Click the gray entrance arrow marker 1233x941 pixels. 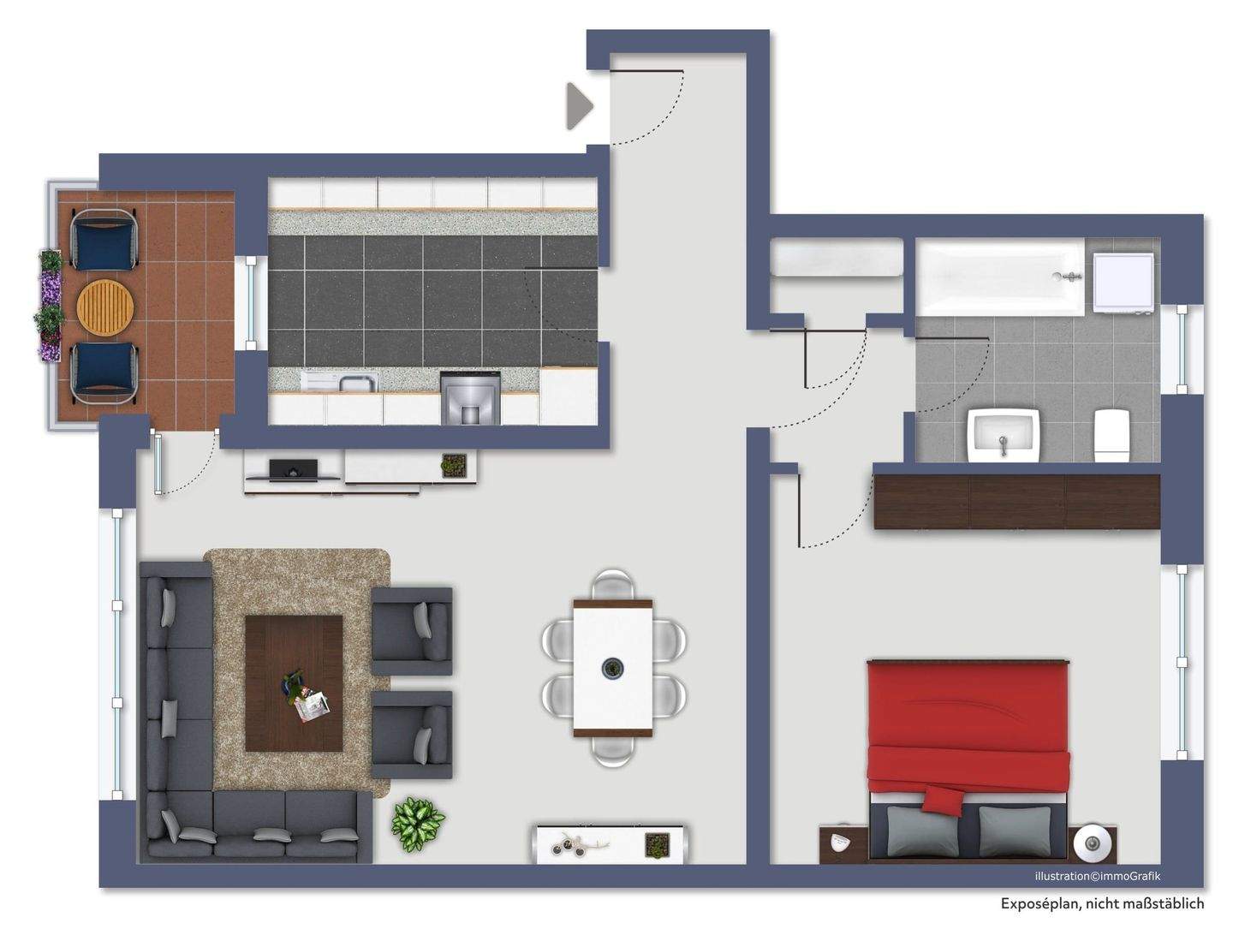579,106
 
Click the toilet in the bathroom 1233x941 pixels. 1111,434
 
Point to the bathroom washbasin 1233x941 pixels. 1003,434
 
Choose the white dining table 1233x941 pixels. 613,667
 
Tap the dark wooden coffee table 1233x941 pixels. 294,682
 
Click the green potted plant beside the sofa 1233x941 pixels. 418,823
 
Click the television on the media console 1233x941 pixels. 294,469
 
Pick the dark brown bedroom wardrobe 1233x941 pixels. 1016,501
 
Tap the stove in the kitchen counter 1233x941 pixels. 469,397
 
